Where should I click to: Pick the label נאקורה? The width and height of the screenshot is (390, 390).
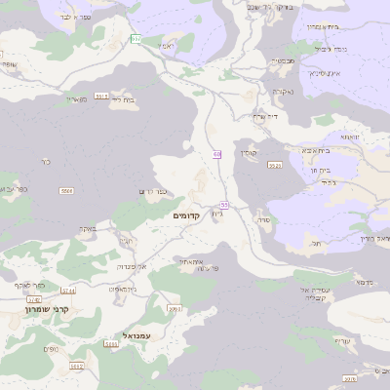[x=283, y=93]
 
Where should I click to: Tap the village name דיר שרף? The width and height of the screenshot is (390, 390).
[x=265, y=116]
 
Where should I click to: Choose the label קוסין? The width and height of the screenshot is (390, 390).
[x=249, y=152]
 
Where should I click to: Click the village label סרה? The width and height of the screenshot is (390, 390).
[x=262, y=222]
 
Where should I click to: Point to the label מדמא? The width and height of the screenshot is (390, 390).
[x=364, y=282]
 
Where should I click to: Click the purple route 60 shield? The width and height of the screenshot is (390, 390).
[x=216, y=154]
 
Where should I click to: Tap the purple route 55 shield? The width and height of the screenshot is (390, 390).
[x=224, y=205]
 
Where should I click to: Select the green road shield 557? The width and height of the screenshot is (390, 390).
[x=136, y=38]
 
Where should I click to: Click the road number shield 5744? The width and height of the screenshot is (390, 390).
[x=68, y=291]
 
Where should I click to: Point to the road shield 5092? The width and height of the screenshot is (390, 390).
[x=77, y=367]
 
